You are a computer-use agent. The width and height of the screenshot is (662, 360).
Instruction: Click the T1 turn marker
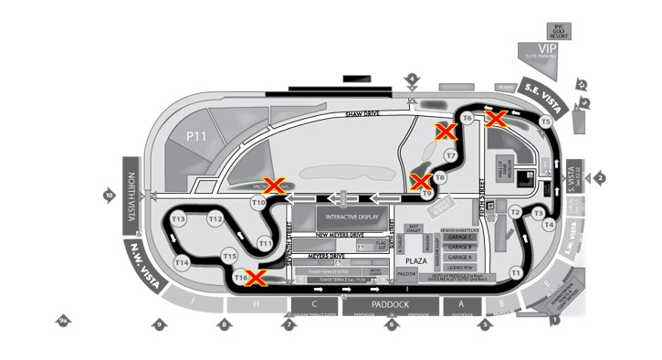[x=516, y=271]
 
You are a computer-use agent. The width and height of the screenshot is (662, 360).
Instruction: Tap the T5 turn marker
[x=546, y=122]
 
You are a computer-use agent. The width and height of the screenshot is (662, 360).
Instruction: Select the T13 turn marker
[x=178, y=219]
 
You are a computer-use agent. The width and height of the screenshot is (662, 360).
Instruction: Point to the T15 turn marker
[x=230, y=257]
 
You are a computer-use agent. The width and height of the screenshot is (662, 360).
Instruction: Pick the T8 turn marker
[x=440, y=177]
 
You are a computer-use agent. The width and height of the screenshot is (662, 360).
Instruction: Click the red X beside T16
[x=257, y=277]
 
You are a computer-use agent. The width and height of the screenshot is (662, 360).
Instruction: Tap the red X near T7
[x=446, y=132]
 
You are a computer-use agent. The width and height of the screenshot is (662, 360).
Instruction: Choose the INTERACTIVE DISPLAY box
[x=347, y=217]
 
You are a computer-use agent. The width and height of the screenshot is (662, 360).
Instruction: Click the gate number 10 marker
[x=110, y=195]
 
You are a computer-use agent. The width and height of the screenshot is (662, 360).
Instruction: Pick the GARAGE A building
[x=460, y=258]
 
